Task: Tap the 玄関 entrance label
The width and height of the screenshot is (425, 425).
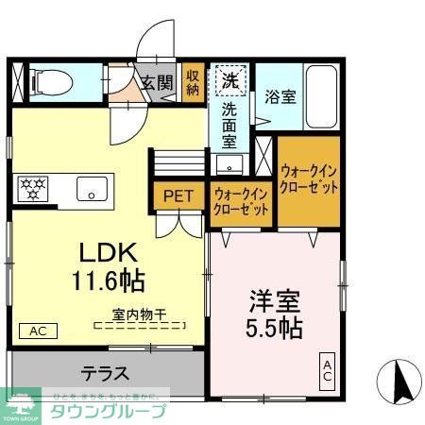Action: [158, 83]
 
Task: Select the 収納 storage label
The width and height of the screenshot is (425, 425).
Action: [193, 82]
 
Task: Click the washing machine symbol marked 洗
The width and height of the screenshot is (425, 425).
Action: [229, 79]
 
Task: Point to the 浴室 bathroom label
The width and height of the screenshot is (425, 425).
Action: [280, 95]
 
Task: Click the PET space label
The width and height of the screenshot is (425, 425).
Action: [178, 196]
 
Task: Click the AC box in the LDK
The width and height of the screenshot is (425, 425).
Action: [37, 331]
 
